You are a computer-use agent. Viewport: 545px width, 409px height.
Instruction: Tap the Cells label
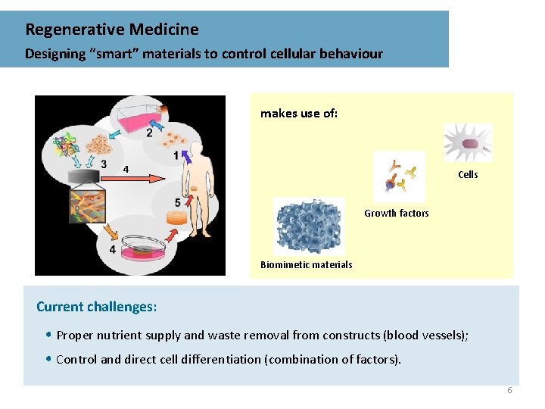click(x=468, y=175)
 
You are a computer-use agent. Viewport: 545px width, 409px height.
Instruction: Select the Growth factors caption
click(x=396, y=214)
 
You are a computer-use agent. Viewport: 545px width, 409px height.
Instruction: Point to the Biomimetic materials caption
click(x=306, y=265)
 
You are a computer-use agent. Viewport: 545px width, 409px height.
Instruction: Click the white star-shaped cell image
click(x=468, y=142)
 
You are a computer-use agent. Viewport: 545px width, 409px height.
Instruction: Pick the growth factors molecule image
click(x=399, y=176)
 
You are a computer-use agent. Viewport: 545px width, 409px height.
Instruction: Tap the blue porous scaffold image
click(x=309, y=226)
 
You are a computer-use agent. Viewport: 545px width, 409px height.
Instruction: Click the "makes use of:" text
click(x=299, y=114)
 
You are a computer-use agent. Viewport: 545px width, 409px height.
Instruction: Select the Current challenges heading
click(x=97, y=307)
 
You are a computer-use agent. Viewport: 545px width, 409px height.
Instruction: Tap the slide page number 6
click(x=509, y=390)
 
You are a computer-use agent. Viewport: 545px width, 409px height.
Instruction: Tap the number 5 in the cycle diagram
click(x=177, y=202)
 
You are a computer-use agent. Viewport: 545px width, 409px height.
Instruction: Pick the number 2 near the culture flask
click(x=149, y=133)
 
